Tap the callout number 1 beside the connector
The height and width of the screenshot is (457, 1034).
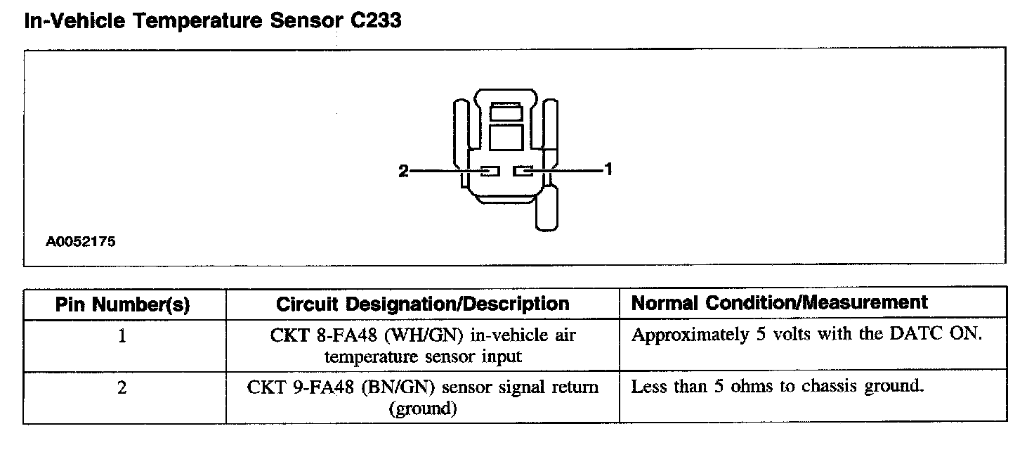[x=608, y=169]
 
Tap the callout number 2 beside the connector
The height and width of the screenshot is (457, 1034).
[x=403, y=171]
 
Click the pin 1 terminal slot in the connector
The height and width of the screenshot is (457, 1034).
[x=523, y=171]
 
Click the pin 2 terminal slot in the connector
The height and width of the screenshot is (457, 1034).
[x=490, y=171]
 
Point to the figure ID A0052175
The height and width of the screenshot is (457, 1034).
[x=81, y=242]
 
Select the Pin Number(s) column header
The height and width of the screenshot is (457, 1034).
[x=123, y=304]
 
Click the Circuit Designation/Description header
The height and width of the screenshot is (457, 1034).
[x=422, y=304]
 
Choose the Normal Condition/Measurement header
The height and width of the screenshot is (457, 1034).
[x=780, y=303]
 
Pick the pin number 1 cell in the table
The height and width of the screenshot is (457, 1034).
[x=122, y=337]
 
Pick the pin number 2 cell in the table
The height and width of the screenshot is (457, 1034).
[x=122, y=388]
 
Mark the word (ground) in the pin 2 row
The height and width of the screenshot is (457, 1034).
[x=422, y=408]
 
